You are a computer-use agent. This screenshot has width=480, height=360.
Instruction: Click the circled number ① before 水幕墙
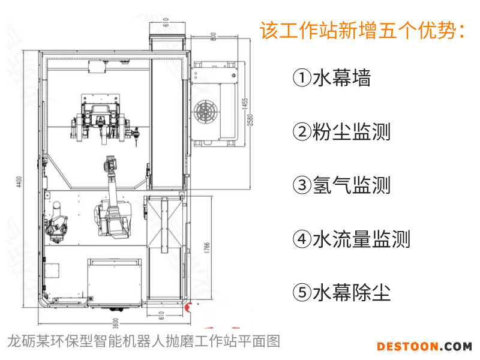[302, 78]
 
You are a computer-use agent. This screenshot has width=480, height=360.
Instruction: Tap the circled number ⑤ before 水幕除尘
[302, 293]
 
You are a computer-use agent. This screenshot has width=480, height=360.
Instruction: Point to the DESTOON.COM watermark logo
[424, 346]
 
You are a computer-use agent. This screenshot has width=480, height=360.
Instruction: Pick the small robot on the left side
[56, 222]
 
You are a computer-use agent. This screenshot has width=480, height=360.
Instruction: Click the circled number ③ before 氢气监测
[302, 185]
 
